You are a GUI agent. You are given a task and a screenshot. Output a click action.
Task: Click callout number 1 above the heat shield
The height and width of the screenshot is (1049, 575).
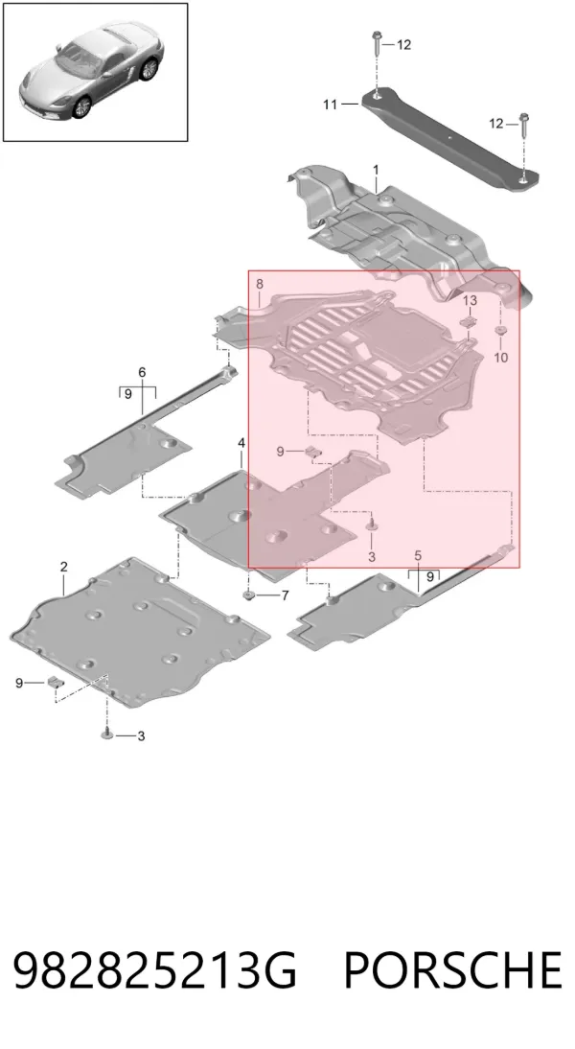pos(376,170)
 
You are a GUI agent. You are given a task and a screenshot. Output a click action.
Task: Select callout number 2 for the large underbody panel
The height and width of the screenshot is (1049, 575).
pos(63,567)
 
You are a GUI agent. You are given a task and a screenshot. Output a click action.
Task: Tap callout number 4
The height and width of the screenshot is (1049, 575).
pos(241,444)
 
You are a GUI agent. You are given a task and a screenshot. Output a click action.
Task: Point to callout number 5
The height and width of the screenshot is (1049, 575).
pos(418,555)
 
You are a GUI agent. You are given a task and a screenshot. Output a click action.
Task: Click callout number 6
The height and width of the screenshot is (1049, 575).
pos(142,372)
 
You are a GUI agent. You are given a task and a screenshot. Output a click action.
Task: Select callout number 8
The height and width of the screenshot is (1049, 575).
pos(260,285)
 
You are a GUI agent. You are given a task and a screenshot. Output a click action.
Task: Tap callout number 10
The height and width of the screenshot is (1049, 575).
pos(501,358)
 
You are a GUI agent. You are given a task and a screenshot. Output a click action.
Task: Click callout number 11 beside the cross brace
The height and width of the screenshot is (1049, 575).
pos(331,105)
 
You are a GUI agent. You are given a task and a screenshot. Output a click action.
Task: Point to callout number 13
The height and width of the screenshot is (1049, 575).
pos(470,300)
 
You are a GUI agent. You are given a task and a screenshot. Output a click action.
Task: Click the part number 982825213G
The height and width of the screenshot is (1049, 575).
pos(154,969)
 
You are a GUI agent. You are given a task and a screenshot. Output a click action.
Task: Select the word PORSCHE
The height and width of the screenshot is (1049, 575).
pos(452,969)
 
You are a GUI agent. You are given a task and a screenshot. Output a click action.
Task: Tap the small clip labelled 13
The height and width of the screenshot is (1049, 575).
pos(470,322)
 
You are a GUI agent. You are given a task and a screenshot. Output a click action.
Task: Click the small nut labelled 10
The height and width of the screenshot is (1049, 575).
pos(499,331)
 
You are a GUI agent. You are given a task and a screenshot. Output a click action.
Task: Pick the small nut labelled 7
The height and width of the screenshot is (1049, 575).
pos(249,594)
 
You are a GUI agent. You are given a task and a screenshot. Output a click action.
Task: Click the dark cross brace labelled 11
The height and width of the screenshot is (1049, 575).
pos(450,139)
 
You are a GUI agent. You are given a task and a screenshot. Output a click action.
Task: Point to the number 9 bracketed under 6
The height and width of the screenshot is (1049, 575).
pos(127,394)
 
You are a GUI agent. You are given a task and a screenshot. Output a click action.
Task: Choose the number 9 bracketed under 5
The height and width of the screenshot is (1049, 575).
pos(430,576)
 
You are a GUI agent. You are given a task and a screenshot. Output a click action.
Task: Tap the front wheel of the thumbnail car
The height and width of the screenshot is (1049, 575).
pos(81,106)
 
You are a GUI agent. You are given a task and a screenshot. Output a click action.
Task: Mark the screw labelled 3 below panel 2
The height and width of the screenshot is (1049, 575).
pos(107,734)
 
